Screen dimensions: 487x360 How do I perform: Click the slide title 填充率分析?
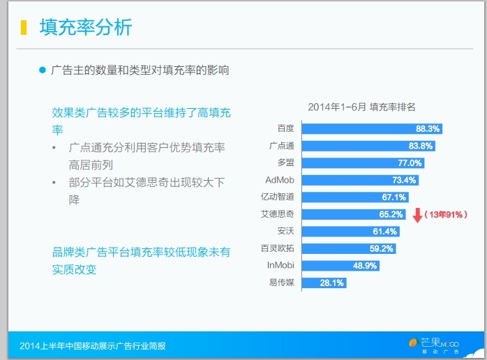(86, 27)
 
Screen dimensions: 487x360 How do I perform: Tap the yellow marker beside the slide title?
(24, 27)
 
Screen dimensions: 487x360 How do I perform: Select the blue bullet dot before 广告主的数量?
(43, 70)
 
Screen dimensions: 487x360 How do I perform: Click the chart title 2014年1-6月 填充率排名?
(361, 107)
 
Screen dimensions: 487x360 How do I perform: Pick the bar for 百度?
(372, 128)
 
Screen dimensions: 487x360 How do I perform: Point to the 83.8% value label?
(421, 146)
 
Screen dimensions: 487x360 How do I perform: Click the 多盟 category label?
(286, 163)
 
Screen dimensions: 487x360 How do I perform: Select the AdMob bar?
(360, 180)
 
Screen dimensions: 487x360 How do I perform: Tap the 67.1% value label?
(394, 197)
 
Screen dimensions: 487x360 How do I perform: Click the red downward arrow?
(417, 216)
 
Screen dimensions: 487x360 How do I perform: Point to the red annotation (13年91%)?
(446, 215)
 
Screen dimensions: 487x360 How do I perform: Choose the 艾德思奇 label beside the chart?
(278, 214)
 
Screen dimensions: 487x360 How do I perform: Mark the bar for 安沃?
(351, 232)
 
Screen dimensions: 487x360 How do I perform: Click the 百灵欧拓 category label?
(278, 248)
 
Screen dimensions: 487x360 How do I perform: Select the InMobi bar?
(340, 266)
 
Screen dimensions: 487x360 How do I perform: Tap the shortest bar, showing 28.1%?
(324, 283)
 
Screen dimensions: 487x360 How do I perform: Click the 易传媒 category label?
(281, 283)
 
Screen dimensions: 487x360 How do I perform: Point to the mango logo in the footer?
(414, 343)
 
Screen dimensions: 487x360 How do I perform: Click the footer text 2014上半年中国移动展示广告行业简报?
(93, 346)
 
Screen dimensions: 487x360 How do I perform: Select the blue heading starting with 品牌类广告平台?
(142, 261)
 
